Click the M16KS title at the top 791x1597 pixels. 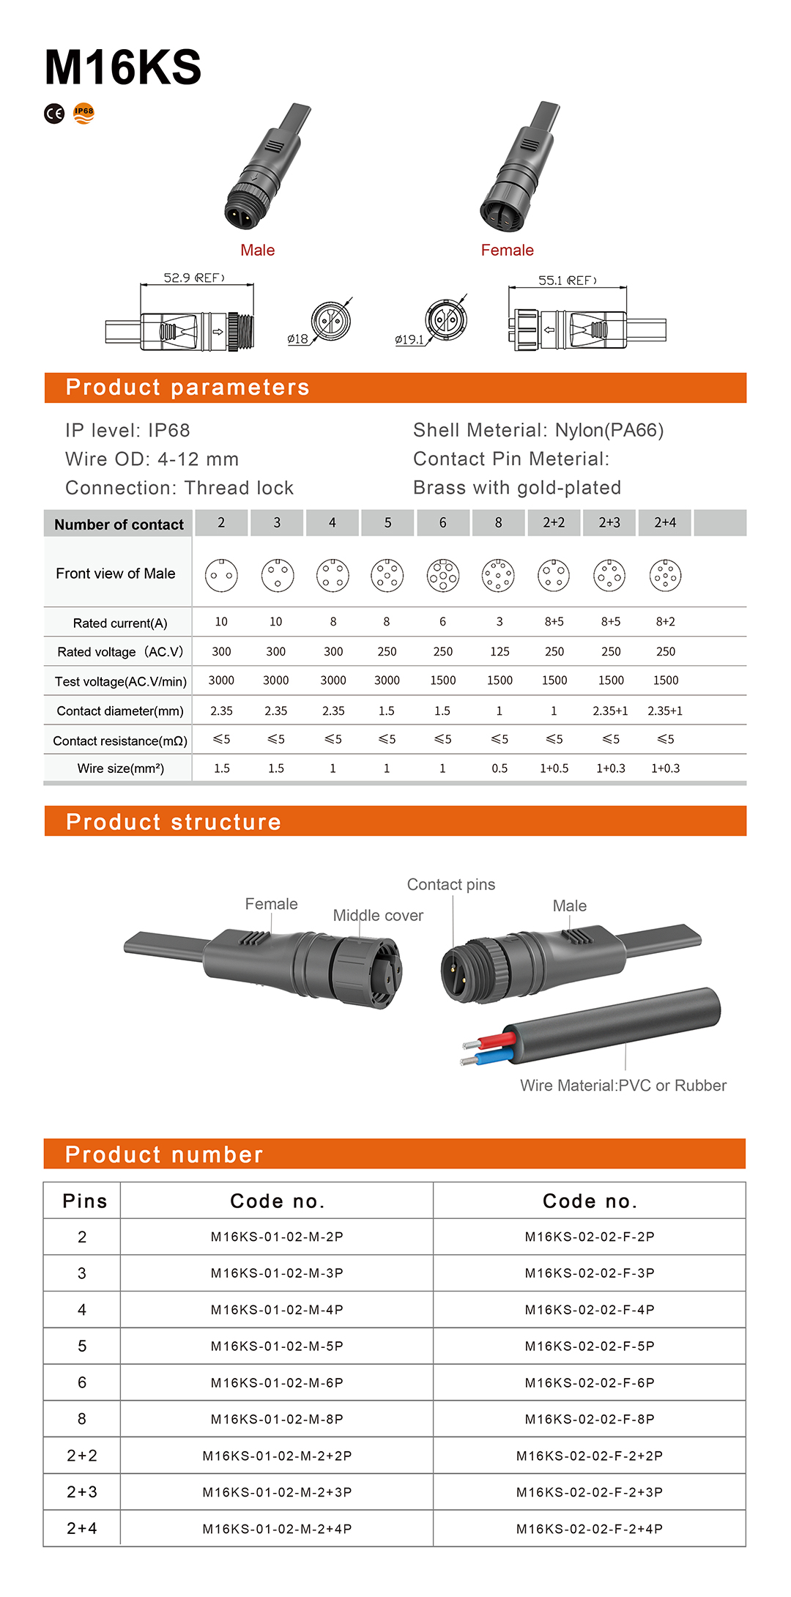[x=122, y=67]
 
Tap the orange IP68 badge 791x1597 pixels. [x=84, y=113]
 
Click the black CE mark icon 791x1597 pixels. [x=54, y=114]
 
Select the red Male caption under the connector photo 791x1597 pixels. [x=257, y=251]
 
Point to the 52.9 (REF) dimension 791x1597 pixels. [x=193, y=278]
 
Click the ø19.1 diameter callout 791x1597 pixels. [x=409, y=340]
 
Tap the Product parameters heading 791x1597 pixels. [x=187, y=388]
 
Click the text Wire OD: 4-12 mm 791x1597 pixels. [x=152, y=459]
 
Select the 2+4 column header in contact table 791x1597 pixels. [x=665, y=522]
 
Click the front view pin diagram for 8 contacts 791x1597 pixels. [x=499, y=576]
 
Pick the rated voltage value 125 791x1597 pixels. [x=500, y=651]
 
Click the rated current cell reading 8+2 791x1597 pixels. [x=665, y=622]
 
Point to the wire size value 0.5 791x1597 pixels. [x=500, y=768]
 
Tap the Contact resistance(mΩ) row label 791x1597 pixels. [x=120, y=741]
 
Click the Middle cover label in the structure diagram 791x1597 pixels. [x=378, y=916]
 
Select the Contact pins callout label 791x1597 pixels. [x=451, y=885]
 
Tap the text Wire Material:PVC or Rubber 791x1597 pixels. [x=623, y=1086]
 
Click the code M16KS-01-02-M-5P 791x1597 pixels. [x=277, y=1346]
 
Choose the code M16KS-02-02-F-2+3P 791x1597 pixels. [x=590, y=1492]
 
